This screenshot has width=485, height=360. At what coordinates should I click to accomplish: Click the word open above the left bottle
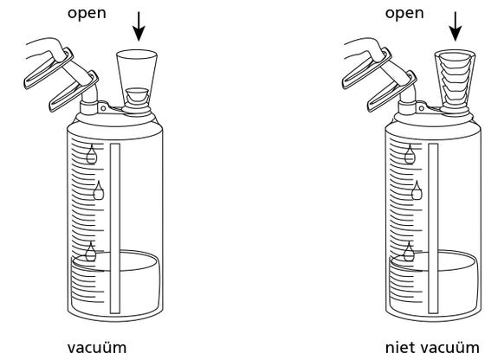87,14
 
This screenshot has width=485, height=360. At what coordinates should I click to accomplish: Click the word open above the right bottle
404,14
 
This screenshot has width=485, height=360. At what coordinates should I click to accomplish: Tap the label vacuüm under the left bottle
97,348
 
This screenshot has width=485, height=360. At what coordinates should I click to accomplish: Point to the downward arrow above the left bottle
139,26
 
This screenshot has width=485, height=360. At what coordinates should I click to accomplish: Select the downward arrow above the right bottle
456,26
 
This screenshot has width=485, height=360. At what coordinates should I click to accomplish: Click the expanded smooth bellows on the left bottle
137,75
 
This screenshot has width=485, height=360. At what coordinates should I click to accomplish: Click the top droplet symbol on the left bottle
91,154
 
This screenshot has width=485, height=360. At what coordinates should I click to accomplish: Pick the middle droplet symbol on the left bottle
99,190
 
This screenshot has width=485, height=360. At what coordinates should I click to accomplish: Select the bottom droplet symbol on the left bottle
91,252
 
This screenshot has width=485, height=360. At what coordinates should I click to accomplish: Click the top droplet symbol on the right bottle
410,154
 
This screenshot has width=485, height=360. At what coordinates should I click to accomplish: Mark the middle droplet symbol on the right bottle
417,190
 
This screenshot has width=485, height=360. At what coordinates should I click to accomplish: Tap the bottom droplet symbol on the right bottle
409,252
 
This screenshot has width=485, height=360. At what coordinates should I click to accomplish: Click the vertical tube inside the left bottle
115,228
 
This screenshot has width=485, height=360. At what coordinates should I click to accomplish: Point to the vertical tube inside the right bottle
433,228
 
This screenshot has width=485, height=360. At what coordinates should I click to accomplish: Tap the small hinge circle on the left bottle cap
103,108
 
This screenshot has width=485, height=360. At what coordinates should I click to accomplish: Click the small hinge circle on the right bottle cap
421,108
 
